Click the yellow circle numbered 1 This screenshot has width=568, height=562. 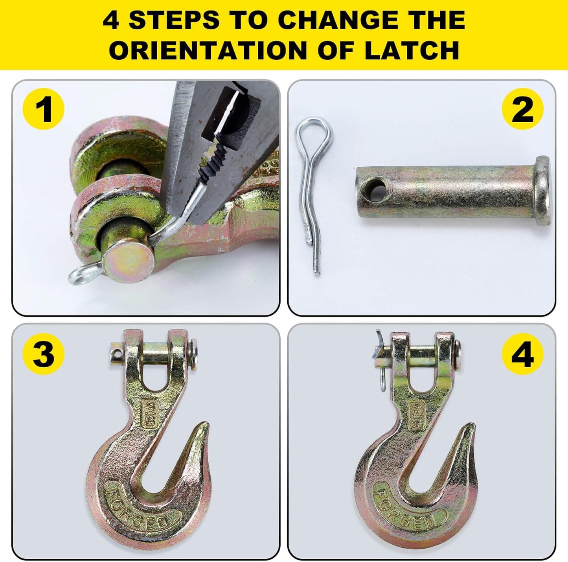coord(43,109)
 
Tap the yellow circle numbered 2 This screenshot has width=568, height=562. coord(522,109)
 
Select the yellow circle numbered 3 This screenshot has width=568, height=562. coord(43,354)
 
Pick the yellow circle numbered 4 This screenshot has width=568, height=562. coord(522,354)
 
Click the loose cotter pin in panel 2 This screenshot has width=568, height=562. coord(311,189)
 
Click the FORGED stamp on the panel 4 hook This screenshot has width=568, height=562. coord(405,505)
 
